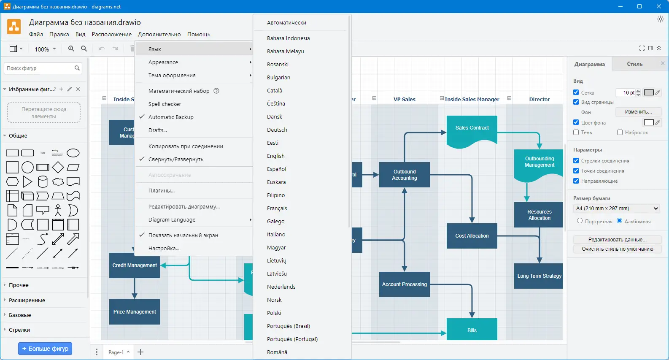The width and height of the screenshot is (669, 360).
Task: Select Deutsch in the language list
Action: click(x=277, y=130)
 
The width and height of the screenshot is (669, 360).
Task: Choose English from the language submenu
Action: click(x=275, y=156)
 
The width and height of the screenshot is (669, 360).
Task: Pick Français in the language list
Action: click(x=277, y=208)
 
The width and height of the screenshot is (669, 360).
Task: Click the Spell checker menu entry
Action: click(x=165, y=104)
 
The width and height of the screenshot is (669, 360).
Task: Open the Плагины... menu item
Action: click(x=161, y=190)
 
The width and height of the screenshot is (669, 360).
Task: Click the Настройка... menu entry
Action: click(x=164, y=248)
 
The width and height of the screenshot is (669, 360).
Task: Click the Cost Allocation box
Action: click(x=472, y=236)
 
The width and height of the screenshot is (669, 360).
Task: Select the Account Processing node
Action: click(x=404, y=284)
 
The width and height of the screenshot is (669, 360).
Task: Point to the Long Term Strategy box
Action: click(x=539, y=276)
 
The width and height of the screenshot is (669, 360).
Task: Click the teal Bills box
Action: click(x=472, y=330)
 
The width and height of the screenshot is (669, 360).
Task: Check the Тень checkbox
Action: click(x=576, y=133)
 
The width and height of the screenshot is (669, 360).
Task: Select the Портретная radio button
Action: click(x=580, y=221)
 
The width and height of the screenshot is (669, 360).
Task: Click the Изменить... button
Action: click(x=638, y=112)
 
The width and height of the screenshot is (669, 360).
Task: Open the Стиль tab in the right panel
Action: click(x=634, y=64)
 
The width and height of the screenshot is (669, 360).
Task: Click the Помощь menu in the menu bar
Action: click(x=198, y=35)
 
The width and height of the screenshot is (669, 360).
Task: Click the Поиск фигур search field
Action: click(x=39, y=68)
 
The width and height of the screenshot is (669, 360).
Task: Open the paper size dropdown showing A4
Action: click(x=616, y=208)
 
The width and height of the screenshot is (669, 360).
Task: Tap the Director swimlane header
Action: click(x=539, y=100)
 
